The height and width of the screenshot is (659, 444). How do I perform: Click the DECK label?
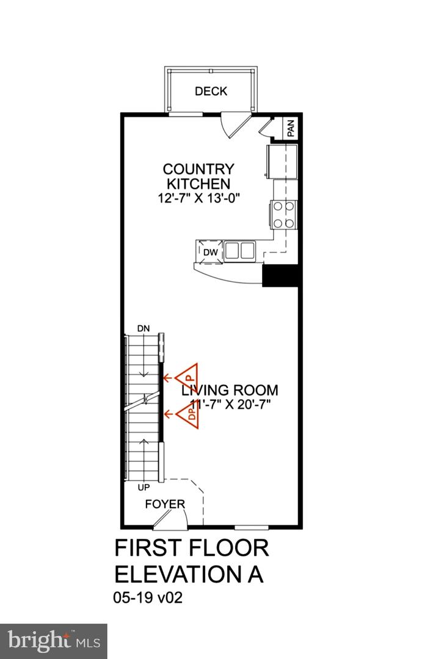pos(211,91)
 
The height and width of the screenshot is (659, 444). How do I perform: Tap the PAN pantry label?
pos(291,128)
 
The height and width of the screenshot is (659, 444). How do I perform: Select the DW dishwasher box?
pos(211,252)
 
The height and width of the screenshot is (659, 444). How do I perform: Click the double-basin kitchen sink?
pos(239,251)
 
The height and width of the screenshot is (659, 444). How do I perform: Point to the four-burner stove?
pos(284,215)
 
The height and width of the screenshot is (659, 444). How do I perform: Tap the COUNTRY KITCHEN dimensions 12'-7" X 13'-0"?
pos(198,198)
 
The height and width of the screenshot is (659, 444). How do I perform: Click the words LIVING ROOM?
pos(230,390)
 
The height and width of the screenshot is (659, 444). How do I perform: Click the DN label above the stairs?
pos(144,329)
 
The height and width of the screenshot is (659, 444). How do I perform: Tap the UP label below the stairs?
pos(144,488)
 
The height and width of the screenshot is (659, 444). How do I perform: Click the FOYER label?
pos(165,504)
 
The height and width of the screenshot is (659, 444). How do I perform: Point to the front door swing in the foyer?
pos(170,518)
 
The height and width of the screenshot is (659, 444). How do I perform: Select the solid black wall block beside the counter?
pos(281,276)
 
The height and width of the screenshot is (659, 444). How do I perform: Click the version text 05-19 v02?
pos(148,597)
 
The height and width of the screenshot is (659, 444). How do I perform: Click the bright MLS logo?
pos(54,641)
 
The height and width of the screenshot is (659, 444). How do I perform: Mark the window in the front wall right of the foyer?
pos(252,527)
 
